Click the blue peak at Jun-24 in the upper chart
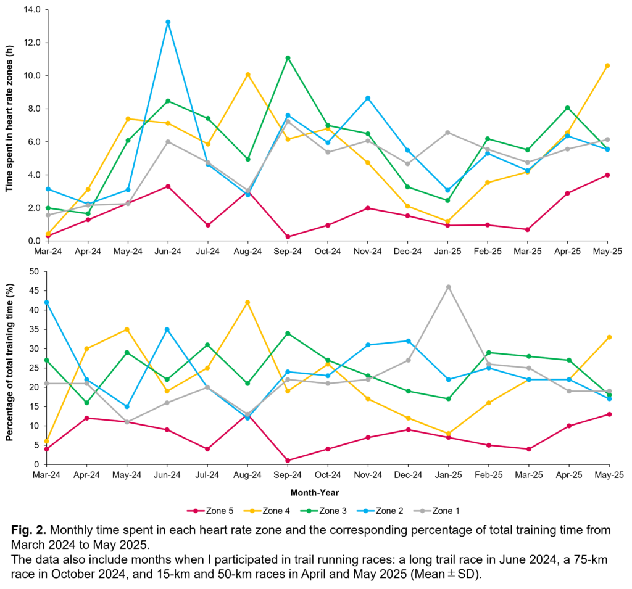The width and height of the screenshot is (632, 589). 168,22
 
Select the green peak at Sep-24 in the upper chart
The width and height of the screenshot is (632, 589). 288,58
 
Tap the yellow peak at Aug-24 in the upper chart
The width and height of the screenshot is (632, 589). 247,75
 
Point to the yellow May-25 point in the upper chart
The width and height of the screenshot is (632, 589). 607,65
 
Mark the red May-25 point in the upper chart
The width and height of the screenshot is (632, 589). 607,175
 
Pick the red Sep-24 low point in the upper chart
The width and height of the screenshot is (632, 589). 288,237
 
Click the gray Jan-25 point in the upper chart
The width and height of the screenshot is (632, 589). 447,133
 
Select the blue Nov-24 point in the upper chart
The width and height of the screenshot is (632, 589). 368,98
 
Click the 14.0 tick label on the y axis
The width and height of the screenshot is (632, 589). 31,10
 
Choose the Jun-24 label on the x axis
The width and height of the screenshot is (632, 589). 168,252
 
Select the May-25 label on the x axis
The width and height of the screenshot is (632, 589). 607,252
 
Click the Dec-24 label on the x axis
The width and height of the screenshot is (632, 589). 407,252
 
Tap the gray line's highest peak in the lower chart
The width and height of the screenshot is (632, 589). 448,287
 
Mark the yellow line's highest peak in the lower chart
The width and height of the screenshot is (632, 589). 247,302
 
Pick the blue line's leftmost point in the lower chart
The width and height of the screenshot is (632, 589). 47,302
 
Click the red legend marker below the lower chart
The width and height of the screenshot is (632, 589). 196,511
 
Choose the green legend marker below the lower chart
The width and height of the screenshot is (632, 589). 309,511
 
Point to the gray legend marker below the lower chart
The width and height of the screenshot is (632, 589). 423,511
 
